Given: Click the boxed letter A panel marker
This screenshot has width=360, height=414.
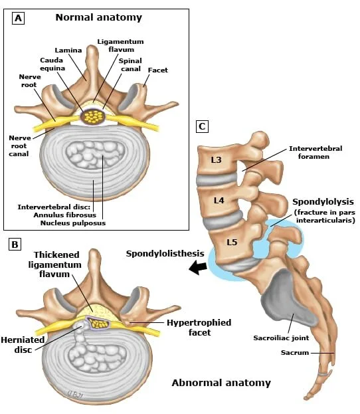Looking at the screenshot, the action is [x=18, y=19].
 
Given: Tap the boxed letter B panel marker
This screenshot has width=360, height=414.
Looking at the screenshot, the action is [x=15, y=245].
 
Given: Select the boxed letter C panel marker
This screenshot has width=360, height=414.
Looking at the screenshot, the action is [x=202, y=126].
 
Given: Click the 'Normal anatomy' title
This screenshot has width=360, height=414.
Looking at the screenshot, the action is [x=99, y=17].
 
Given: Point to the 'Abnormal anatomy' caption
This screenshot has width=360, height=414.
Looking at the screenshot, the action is [x=221, y=383].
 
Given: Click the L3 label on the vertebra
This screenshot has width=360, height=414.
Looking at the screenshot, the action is [x=216, y=159].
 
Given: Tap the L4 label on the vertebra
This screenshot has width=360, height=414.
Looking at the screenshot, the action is [x=219, y=201].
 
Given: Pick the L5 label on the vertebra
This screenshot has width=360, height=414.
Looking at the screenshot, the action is [x=232, y=242].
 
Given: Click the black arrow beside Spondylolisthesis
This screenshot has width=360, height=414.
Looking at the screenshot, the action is [x=198, y=267].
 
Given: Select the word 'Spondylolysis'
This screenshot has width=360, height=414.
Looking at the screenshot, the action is [x=323, y=202].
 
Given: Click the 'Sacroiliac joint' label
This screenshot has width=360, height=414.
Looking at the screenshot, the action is [x=281, y=338].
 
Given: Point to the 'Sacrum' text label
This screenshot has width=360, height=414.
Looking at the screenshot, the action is [x=295, y=352].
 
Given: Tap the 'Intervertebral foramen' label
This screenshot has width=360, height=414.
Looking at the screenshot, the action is [x=315, y=152].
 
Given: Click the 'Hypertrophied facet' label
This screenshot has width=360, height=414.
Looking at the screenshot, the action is [x=199, y=328].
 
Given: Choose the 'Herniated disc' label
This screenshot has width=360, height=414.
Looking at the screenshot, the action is [x=23, y=345].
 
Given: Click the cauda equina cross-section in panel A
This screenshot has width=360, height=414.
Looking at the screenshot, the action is [x=93, y=116].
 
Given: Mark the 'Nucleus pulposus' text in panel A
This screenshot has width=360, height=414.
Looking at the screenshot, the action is [x=73, y=223].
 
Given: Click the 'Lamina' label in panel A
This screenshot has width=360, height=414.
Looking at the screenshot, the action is [x=68, y=50].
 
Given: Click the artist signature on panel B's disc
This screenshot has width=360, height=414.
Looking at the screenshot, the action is [x=76, y=395].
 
